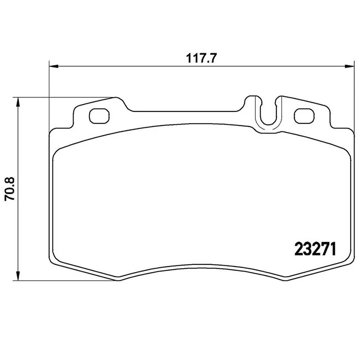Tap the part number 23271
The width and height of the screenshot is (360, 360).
click(x=315, y=248)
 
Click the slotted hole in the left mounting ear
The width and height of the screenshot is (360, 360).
click(x=99, y=116)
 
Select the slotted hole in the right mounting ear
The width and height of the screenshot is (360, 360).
click(x=304, y=116)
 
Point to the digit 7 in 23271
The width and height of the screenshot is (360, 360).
click(x=323, y=248)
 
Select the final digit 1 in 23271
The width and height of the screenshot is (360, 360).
click(x=331, y=248)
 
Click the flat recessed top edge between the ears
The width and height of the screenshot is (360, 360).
click(x=186, y=111)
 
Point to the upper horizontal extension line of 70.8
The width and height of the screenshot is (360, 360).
click(x=64, y=97)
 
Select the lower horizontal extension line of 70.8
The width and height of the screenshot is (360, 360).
click(x=64, y=280)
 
